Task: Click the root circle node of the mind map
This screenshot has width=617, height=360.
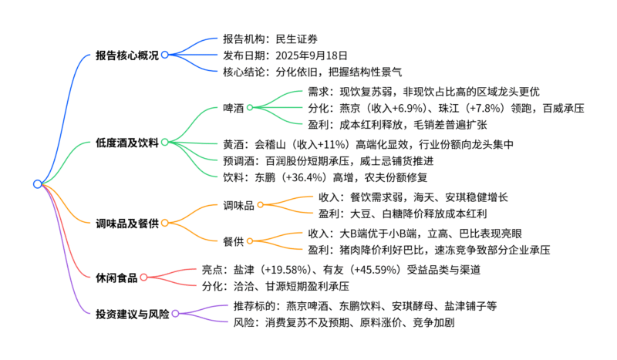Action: click(38, 183)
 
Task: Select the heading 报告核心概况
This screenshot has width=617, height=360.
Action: click(126, 56)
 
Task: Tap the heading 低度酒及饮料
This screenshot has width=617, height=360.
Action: click(126, 143)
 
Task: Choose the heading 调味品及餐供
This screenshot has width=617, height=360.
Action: click(126, 224)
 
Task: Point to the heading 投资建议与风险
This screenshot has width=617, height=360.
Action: click(132, 314)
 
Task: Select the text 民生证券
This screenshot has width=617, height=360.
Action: click(296, 39)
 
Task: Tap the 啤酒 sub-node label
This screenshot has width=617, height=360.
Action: click(233, 108)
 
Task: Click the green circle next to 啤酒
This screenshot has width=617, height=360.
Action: click(250, 108)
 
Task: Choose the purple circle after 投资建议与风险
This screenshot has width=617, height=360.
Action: click(176, 314)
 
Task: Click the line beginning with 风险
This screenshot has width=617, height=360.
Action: click(343, 323)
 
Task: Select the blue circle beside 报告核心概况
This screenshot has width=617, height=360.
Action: click(165, 56)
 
